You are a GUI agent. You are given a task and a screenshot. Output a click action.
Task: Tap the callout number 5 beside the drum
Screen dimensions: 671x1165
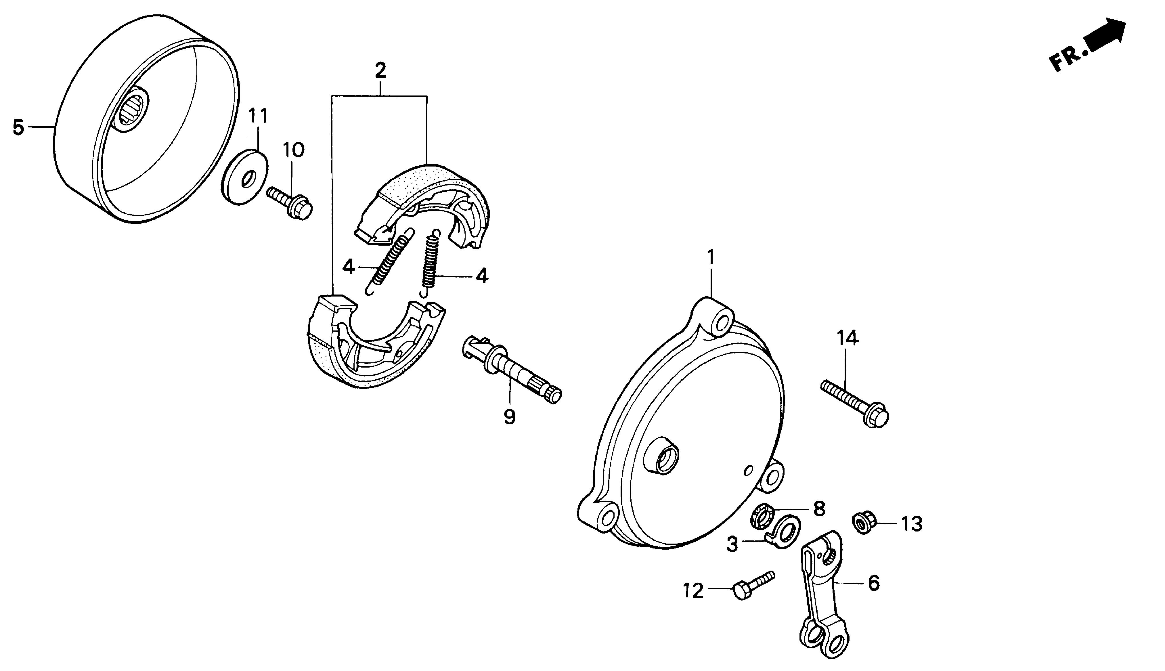pos(18,127)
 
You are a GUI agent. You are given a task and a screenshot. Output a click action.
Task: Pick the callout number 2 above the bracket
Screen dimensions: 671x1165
pos(380,70)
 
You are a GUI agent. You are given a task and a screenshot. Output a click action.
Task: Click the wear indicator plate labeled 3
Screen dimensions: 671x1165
pos(785,530)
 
